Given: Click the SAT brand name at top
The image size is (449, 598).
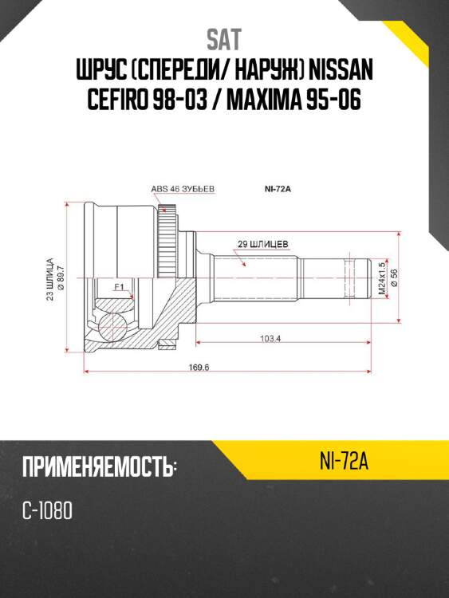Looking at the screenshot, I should pos(224,39).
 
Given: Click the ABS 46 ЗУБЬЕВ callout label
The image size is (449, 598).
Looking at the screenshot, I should pos(183,189).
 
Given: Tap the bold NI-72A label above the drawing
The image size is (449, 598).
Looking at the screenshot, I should pos(280,189).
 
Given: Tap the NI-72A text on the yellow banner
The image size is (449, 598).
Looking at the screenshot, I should pos(341,462).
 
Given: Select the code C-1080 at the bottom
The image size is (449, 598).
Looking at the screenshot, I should pos(48,510).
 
